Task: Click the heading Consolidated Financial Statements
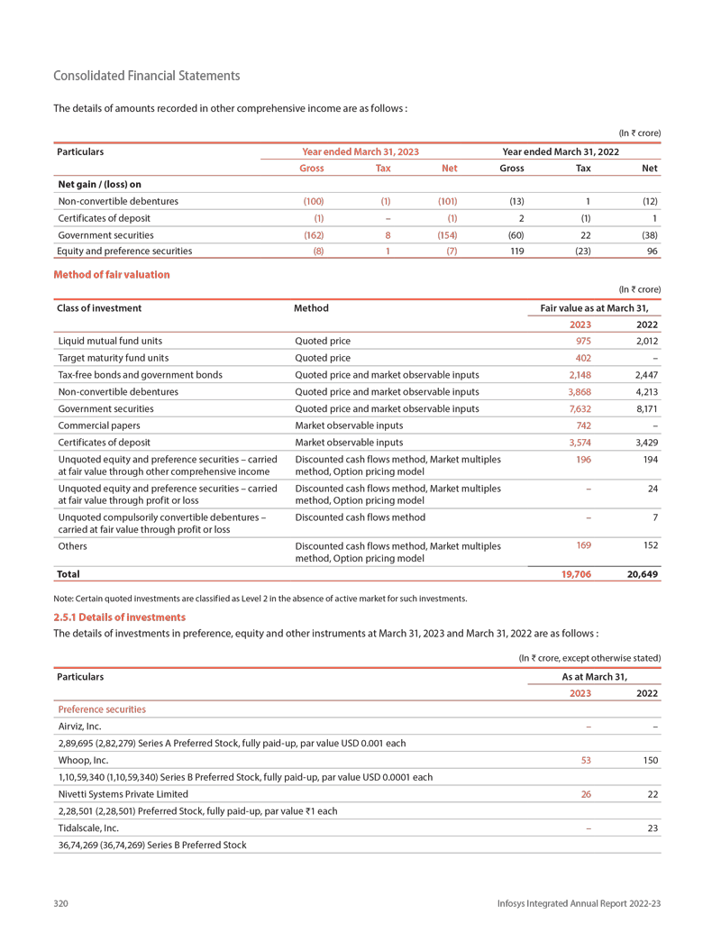pos(146,76)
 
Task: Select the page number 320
pos(61,903)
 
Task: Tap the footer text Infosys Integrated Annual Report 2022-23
pos(580,903)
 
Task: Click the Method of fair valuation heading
pos(112,274)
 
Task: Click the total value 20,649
pos(642,574)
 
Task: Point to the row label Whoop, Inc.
pos(83,760)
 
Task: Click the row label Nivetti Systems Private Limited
pos(123,794)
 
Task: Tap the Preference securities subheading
pos(101,709)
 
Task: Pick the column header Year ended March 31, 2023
pos(360,151)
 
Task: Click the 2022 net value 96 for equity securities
pos(652,252)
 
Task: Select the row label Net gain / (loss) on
pos(99,184)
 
